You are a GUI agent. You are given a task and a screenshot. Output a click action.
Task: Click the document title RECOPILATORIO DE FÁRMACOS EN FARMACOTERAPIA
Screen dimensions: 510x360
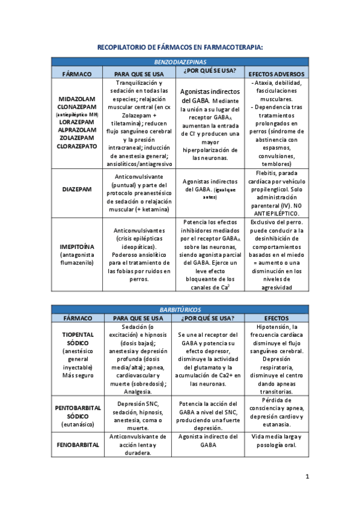[x=180, y=47]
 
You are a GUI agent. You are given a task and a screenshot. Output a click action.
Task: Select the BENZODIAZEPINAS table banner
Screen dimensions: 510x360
[x=180, y=62]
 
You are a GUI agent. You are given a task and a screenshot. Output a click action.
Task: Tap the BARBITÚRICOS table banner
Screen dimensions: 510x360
[x=180, y=309]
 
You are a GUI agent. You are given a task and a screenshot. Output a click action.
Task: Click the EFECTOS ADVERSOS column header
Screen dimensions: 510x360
[x=276, y=74]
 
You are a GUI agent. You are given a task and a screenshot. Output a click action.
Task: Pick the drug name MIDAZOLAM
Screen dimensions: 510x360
[x=77, y=99]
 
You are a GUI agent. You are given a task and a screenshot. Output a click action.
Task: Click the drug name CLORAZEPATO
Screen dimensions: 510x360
[x=77, y=146]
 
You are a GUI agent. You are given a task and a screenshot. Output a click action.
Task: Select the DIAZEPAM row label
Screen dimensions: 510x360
[x=77, y=189]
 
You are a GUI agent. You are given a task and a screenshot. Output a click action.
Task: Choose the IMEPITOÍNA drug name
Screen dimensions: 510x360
[x=77, y=246]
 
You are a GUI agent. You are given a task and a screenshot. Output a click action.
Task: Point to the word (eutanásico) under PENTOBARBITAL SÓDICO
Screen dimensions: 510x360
[x=77, y=425]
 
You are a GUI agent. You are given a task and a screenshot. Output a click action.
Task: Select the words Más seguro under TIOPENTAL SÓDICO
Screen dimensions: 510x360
[x=77, y=375]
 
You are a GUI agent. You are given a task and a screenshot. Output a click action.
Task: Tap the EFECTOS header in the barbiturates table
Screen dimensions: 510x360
[x=276, y=318]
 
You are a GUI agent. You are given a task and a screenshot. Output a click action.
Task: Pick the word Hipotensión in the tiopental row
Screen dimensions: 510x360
[x=276, y=327]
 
